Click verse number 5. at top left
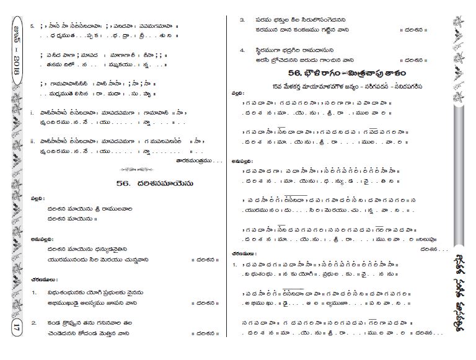coord(33,27)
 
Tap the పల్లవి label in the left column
coord(37,198)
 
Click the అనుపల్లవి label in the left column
coord(40,238)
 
